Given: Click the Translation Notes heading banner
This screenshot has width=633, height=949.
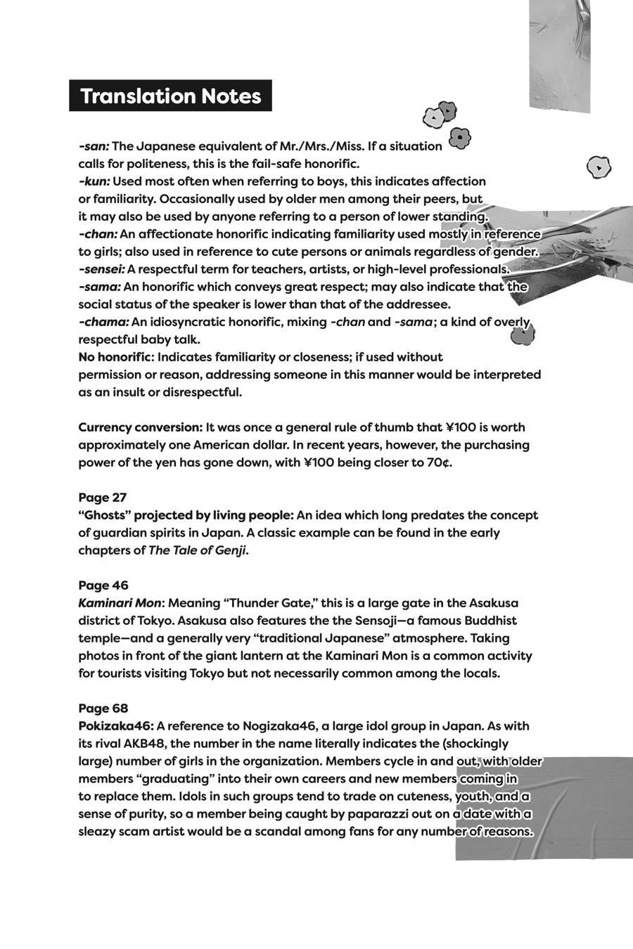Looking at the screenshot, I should pyautogui.click(x=170, y=96).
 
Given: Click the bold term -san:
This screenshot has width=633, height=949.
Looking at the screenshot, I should pyautogui.click(x=94, y=146).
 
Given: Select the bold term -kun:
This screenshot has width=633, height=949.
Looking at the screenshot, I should pyautogui.click(x=94, y=181).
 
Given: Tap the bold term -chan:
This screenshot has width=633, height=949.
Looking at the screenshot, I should pyautogui.click(x=98, y=234).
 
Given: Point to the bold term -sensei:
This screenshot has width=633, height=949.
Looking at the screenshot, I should pyautogui.click(x=102, y=269).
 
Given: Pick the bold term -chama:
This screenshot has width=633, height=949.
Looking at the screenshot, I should pyautogui.click(x=103, y=322).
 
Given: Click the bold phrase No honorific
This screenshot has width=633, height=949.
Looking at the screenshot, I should pyautogui.click(x=115, y=357).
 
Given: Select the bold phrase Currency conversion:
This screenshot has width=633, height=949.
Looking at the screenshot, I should pyautogui.click(x=140, y=427).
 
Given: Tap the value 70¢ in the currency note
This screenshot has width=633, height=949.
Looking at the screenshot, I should pyautogui.click(x=438, y=463).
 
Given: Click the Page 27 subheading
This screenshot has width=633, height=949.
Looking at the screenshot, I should pyautogui.click(x=103, y=498).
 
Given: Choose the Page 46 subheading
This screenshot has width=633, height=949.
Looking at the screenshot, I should pyautogui.click(x=103, y=586).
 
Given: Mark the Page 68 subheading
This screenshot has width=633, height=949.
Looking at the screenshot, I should pyautogui.click(x=103, y=709).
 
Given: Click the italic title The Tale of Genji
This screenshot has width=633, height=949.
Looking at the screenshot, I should pyautogui.click(x=197, y=550).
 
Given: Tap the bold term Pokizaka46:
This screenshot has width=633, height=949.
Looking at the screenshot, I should pyautogui.click(x=116, y=726).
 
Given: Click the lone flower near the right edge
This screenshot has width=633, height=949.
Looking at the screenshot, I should pyautogui.click(x=599, y=167).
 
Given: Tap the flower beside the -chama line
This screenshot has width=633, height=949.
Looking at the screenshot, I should pyautogui.click(x=523, y=334).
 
